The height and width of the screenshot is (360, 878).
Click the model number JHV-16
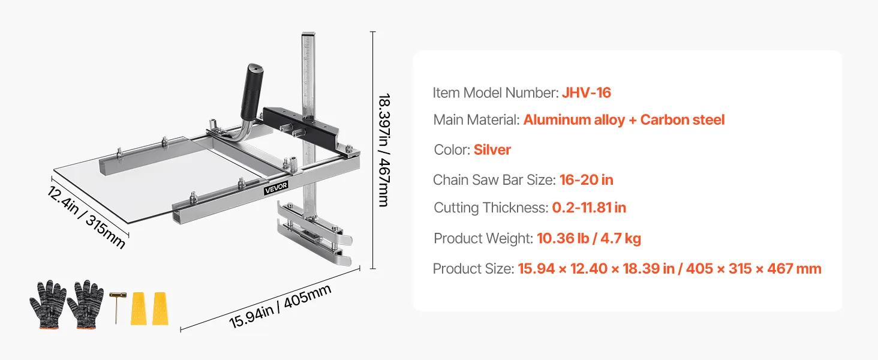coord(587,93)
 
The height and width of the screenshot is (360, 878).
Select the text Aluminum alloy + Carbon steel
coord(624,120)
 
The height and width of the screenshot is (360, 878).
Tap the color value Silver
coord(492,150)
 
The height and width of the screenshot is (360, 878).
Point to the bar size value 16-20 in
coord(587,180)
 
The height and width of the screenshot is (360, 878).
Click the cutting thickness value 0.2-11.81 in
coord(589,208)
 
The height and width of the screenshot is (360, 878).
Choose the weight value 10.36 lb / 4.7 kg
coord(589,238)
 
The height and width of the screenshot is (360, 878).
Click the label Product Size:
coord(474,269)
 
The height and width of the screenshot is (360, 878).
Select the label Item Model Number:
coord(496,93)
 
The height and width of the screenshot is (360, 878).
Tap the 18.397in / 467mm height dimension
coord(384,150)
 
